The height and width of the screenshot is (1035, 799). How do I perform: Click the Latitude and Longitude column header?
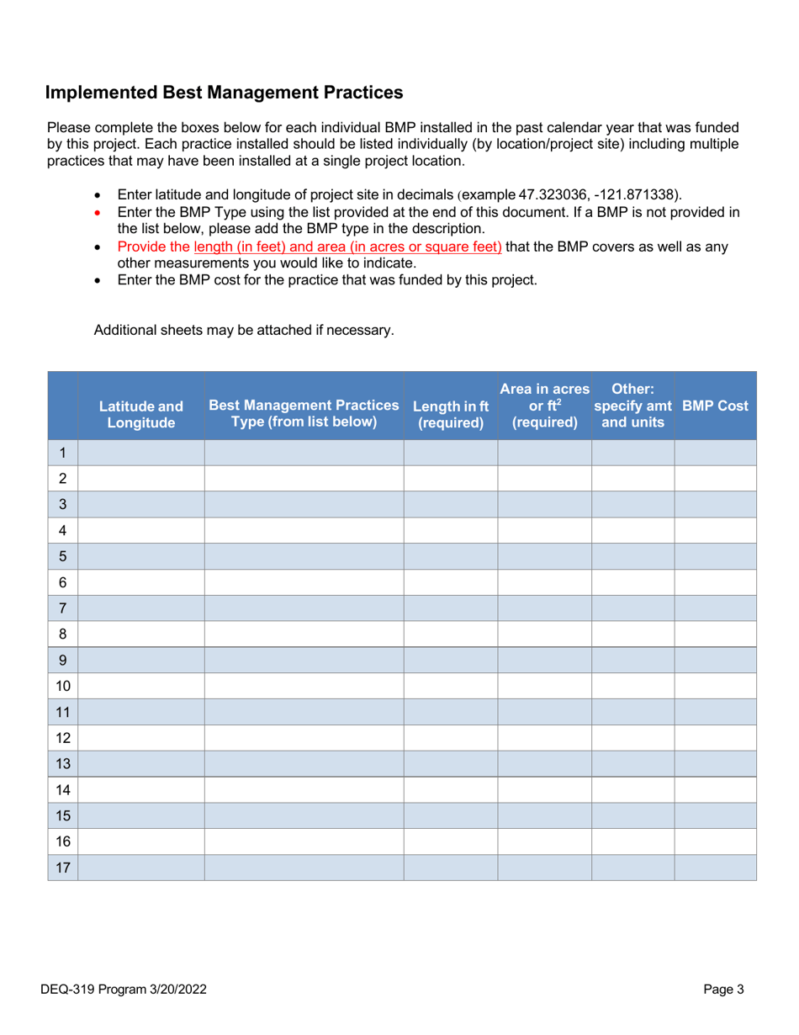140,413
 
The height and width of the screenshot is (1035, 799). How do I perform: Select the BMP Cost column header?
715,406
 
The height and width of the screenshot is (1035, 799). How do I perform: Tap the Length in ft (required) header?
451,413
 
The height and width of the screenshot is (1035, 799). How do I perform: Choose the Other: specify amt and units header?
632,406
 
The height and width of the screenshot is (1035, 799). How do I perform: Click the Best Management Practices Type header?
304,413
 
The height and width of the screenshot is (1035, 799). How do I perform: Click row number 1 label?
63,453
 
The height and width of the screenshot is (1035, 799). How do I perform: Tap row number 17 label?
63,867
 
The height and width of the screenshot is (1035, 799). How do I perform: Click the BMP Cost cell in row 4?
715,530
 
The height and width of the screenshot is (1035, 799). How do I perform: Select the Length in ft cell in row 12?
451,737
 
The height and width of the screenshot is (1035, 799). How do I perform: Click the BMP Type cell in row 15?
304,815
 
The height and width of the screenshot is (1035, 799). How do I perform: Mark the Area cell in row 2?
545,478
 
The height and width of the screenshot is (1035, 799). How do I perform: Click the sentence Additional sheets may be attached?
243,330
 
